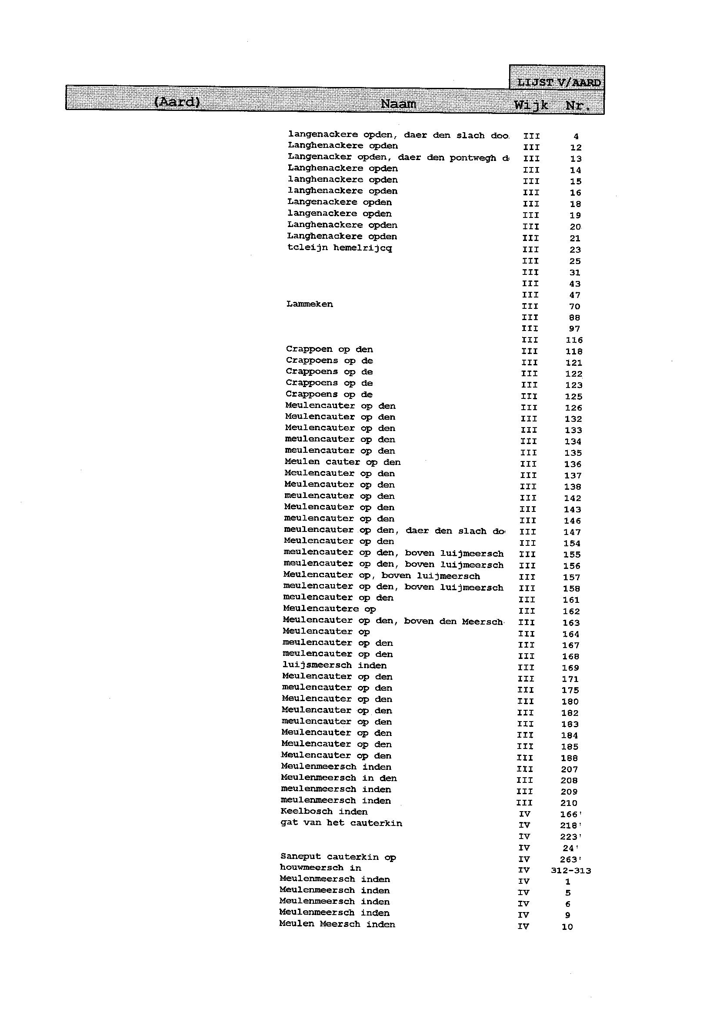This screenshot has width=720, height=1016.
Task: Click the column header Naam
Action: point(398,104)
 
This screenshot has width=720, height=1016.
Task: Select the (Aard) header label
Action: point(177,102)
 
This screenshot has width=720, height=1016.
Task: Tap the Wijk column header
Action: point(531,105)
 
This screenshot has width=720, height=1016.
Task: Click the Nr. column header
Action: point(578,106)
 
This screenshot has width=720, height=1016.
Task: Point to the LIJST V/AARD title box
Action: point(558,83)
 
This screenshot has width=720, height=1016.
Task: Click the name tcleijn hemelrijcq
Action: point(340,248)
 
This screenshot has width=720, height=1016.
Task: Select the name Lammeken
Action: point(310,304)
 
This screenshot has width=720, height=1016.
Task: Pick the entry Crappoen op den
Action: point(329,349)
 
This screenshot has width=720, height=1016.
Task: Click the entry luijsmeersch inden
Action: point(334,665)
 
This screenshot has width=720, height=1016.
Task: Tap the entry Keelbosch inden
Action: point(324,812)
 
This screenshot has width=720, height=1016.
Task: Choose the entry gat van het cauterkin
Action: point(341,823)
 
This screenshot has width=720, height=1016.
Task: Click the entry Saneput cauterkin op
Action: point(338,857)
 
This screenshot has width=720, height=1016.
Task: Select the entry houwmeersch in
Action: point(320,868)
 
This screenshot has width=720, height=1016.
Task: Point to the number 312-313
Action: point(570,871)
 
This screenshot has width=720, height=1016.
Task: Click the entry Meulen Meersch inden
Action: point(337,924)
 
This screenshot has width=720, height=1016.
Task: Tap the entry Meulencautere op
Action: point(329,609)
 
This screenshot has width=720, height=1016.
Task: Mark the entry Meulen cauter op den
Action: point(342,462)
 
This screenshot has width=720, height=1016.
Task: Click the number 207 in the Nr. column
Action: point(569,769)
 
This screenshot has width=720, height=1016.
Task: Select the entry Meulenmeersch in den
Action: point(339,778)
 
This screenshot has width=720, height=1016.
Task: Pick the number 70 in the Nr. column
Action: point(575,307)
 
